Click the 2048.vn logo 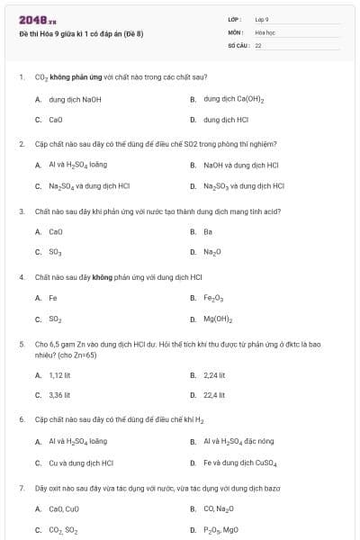pyautogui.click(x=38, y=20)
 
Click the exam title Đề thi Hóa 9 pyautogui.click(x=81, y=34)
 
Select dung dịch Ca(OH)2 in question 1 pyautogui.click(x=233, y=99)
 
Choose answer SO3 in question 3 pyautogui.click(x=55, y=252)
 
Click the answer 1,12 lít pyautogui.click(x=59, y=374)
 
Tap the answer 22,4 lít pyautogui.click(x=214, y=394)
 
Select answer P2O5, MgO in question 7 pyautogui.click(x=221, y=530)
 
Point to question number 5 pyautogui.click(x=21, y=344)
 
